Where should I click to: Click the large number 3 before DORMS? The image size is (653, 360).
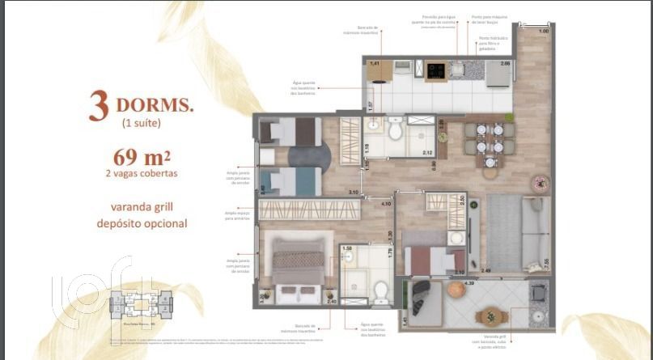tap(99, 108)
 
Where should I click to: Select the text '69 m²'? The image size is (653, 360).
tap(142, 156)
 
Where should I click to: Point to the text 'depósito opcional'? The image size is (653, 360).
tap(142, 222)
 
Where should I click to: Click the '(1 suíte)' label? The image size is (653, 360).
tap(141, 123)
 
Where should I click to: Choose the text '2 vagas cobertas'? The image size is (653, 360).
tap(142, 172)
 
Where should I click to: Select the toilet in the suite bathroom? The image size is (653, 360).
tap(380, 289)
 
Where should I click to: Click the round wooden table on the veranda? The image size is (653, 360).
tap(491, 316)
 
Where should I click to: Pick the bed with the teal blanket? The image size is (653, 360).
tap(291, 181)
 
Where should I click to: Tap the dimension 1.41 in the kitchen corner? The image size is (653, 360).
tap(375, 63)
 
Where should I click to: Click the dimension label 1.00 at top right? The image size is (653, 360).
tap(544, 31)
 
